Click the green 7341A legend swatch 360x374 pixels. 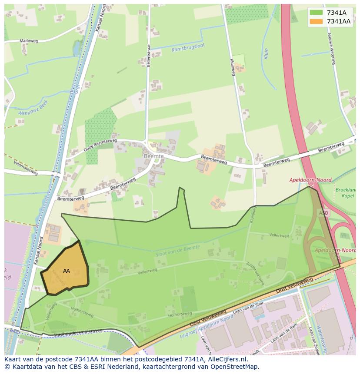tap(316, 13)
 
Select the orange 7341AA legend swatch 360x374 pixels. tap(316, 21)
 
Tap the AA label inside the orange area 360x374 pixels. tap(67, 271)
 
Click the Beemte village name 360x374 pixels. tap(154, 156)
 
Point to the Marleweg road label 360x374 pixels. tap(29, 41)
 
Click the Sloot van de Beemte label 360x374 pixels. tap(177, 250)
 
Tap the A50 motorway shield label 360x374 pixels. tap(323, 213)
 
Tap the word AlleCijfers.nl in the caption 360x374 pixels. tap(227, 359)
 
